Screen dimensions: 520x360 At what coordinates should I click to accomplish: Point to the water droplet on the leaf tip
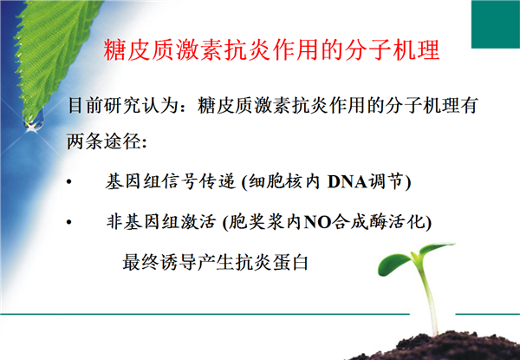point(33,120)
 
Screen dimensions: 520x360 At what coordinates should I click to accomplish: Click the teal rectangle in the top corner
point(496,24)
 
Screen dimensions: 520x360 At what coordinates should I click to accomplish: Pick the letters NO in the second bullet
point(317,222)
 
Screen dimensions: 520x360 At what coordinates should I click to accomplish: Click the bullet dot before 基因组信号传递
point(69,182)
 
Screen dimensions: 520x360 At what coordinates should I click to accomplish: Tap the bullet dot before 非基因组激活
point(69,222)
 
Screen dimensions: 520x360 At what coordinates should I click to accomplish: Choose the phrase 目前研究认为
point(123,106)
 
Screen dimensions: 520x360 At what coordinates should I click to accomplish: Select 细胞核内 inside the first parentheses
point(284,181)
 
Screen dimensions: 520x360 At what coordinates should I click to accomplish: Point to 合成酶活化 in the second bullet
point(378,222)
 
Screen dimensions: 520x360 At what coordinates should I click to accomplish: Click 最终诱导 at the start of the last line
point(160,262)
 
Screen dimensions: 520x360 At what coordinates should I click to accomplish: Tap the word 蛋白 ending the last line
point(290,262)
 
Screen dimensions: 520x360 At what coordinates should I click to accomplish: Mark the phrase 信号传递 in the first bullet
point(198,181)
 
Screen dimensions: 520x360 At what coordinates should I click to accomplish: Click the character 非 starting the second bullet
point(114,222)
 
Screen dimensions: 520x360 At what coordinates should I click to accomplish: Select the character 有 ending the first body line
point(468,106)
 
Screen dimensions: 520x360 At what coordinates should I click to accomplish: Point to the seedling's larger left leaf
point(395,264)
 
